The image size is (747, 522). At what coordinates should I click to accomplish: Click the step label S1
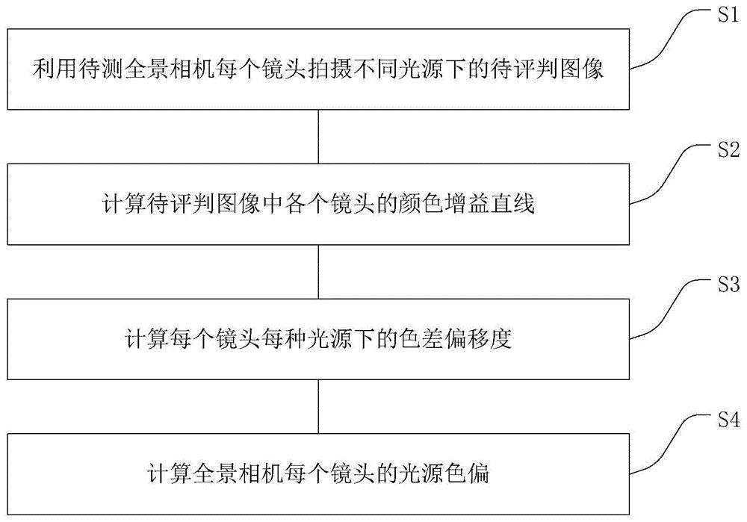pyautogui.click(x=724, y=17)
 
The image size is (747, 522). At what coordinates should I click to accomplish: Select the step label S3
pyautogui.click(x=724, y=285)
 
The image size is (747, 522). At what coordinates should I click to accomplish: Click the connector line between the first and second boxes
pyautogui.click(x=320, y=134)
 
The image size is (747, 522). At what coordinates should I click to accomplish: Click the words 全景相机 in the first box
pyautogui.click(x=158, y=72)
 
